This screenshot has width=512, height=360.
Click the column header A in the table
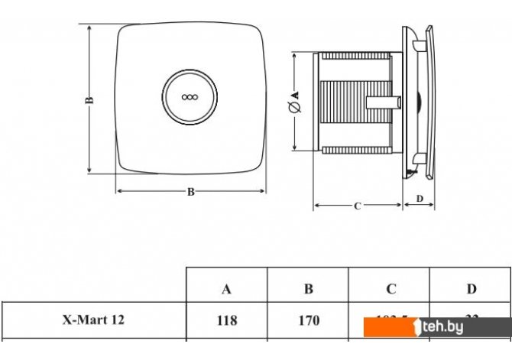pyautogui.click(x=226, y=289)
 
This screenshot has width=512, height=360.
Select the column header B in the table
pyautogui.click(x=309, y=289)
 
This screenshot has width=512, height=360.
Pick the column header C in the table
pyautogui.click(x=390, y=289)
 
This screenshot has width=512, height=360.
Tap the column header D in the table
pyautogui.click(x=471, y=289)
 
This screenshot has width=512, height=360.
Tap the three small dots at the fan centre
pyautogui.click(x=189, y=98)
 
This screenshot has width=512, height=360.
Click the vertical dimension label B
pyautogui.click(x=89, y=99)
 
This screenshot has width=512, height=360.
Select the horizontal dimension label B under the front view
pyautogui.click(x=190, y=192)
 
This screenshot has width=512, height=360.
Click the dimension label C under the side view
pyautogui.click(x=358, y=206)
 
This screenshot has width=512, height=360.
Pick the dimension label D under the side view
pyautogui.click(x=419, y=199)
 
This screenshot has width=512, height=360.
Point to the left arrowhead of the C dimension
pyautogui.click(x=317, y=205)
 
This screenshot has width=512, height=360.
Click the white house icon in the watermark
pyautogui.click(x=417, y=326)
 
